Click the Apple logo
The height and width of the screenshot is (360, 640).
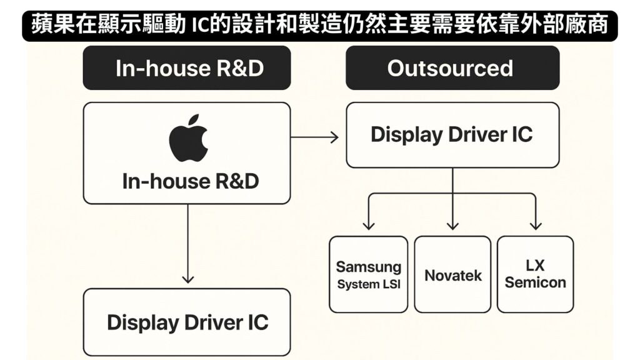click(188, 137)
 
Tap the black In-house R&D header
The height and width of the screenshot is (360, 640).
click(187, 68)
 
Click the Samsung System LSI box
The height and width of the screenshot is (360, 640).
click(369, 274)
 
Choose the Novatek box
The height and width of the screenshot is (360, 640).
click(453, 274)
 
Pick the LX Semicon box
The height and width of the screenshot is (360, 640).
click(535, 274)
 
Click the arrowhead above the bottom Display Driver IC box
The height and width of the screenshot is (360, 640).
click(187, 279)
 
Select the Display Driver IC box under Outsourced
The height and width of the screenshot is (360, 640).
click(452, 135)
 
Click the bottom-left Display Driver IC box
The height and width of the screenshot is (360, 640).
click(187, 322)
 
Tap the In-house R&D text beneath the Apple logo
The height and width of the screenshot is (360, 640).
click(191, 181)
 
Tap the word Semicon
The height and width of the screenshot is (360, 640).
click(535, 282)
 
